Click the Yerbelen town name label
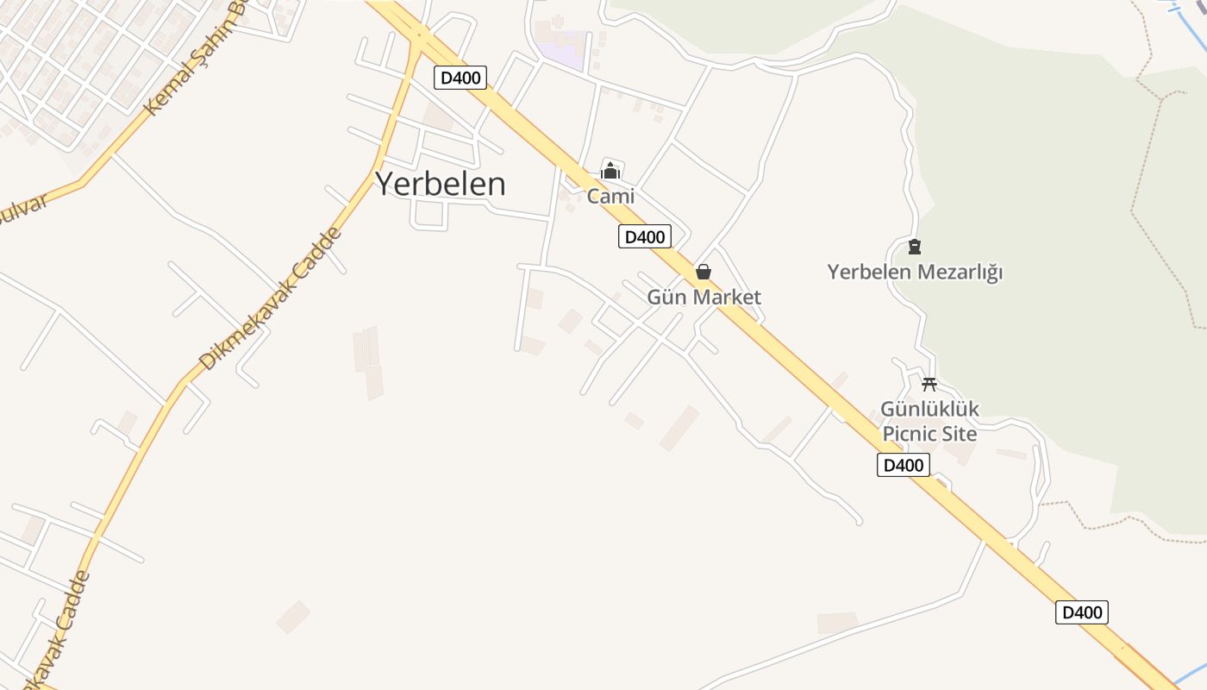click(440, 184)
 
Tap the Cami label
click(610, 196)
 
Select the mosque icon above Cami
click(610, 171)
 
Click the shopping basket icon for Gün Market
click(704, 273)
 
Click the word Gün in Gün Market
click(666, 298)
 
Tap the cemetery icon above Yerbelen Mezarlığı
click(915, 248)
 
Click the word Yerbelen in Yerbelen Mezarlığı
click(868, 273)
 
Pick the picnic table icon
click(929, 385)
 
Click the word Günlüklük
click(929, 409)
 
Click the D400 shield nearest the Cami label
click(644, 236)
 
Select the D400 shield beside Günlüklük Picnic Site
click(904, 466)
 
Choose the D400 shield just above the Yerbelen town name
click(460, 78)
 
